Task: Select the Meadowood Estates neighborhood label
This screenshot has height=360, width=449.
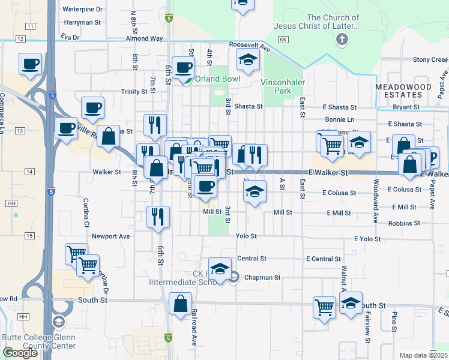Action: (x=403, y=91)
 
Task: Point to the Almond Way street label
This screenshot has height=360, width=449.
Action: (x=144, y=38)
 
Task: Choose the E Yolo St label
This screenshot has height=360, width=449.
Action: (x=367, y=239)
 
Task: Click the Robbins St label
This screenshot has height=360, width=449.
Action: (x=404, y=223)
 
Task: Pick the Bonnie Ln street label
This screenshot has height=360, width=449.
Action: (x=339, y=120)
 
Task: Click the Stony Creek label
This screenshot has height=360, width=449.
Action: (x=430, y=60)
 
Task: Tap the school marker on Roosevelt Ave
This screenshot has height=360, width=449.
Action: (x=247, y=59)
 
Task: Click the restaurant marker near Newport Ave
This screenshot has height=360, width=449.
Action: (x=158, y=217)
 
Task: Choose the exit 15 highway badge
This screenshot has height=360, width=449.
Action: (x=29, y=236)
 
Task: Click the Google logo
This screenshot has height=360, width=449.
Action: (x=20, y=353)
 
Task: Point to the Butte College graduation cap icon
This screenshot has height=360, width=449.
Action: (x=58, y=322)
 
